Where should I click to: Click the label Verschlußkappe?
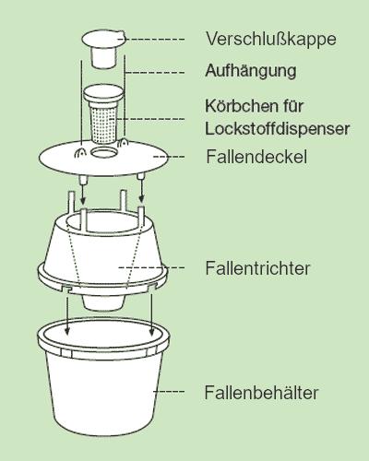click(x=271, y=40)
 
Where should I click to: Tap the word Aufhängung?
click(x=251, y=71)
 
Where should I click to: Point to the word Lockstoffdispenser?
click(x=278, y=128)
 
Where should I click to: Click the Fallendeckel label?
click(x=256, y=157)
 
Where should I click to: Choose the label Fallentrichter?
click(x=257, y=268)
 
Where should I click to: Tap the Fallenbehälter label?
click(x=261, y=393)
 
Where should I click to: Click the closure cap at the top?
click(x=103, y=49)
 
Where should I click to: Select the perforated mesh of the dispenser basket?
click(x=103, y=124)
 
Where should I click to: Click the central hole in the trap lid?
click(x=104, y=152)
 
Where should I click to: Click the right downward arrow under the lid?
click(x=141, y=192)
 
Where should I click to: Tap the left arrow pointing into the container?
click(x=66, y=314)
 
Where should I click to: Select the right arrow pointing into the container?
click(x=151, y=314)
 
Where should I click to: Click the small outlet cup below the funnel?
click(x=103, y=302)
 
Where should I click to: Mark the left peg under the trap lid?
click(x=82, y=179)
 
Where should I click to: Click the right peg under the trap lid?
click(x=141, y=177)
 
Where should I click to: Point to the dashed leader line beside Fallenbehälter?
click(x=169, y=392)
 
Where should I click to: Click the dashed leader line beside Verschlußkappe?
click(x=155, y=40)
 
